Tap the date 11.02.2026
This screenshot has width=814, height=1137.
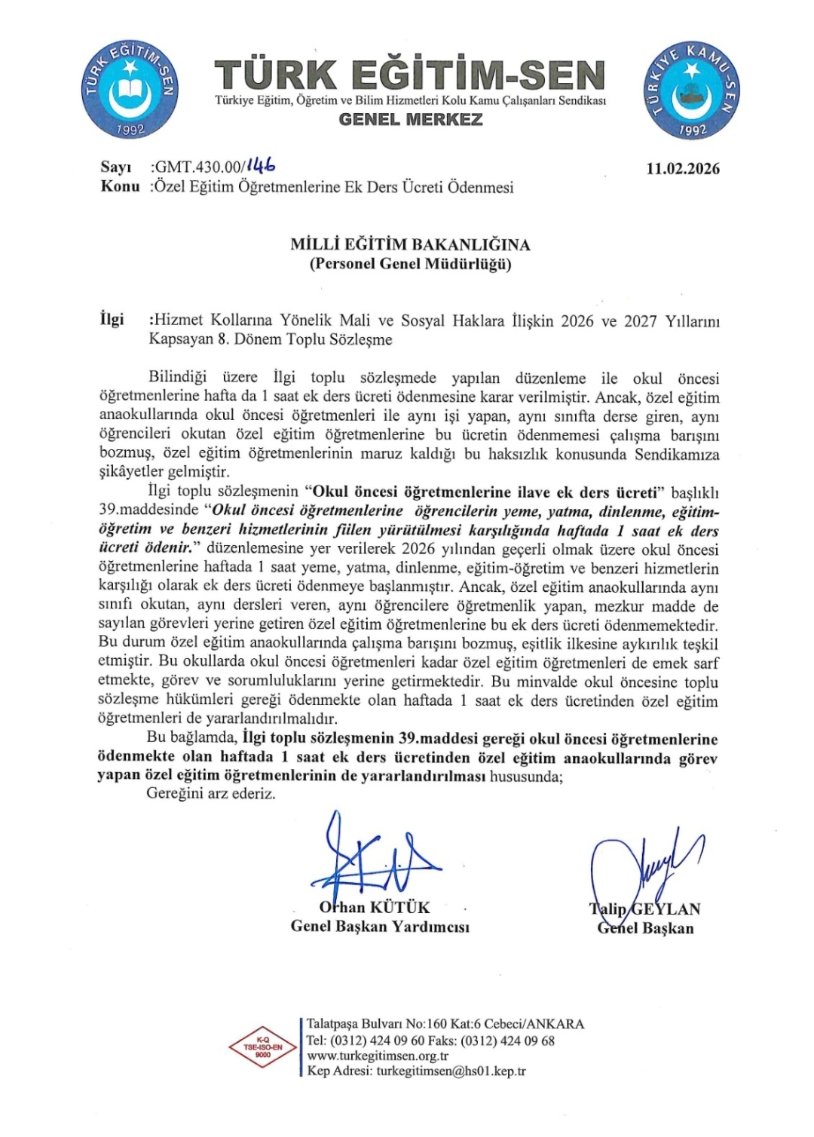(683, 169)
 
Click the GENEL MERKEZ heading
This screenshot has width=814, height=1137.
(411, 119)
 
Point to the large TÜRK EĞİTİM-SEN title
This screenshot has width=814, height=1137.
(410, 75)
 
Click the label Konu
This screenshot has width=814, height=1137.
(120, 186)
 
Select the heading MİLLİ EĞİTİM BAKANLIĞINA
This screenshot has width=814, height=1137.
(410, 244)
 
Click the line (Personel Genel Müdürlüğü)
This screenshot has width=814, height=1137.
(410, 264)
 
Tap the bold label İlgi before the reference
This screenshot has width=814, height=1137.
(112, 320)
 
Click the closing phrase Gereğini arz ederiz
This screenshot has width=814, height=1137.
(211, 794)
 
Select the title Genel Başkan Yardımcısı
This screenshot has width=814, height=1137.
(380, 927)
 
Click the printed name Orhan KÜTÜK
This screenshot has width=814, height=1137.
(375, 907)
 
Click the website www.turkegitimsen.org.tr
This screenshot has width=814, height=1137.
(378, 1056)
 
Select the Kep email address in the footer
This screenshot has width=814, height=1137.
(451, 1071)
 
